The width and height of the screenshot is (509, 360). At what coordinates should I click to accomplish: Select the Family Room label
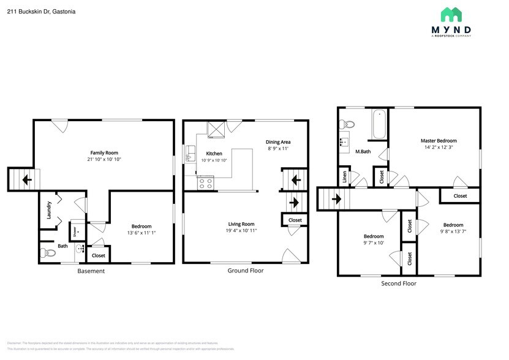point(104,152)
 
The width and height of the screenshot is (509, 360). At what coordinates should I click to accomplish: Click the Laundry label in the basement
point(49,211)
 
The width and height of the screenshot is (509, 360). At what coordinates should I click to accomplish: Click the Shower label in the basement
point(75,232)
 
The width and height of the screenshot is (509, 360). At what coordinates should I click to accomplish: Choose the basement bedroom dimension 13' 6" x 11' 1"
point(141,233)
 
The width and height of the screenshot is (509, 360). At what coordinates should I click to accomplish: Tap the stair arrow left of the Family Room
point(26,180)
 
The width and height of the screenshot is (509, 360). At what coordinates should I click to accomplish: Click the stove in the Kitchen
point(206,182)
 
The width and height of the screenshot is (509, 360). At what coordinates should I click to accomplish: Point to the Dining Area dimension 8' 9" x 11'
point(277,148)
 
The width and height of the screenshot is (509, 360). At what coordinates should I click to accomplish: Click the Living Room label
point(240,224)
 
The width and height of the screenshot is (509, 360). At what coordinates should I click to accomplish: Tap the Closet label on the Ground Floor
point(295,220)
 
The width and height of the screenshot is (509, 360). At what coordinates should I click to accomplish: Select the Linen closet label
point(345,178)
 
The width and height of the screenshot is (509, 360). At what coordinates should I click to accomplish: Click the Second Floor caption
point(398,283)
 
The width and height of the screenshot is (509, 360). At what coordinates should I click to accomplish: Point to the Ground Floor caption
point(245,270)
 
